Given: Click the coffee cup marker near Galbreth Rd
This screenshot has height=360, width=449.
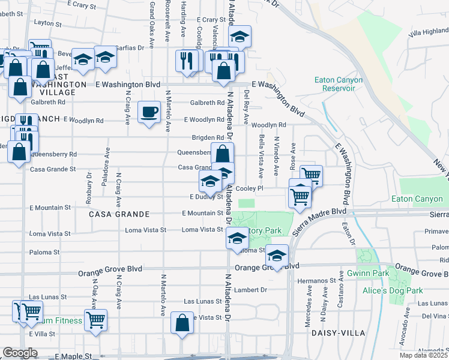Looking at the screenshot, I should coord(149,111).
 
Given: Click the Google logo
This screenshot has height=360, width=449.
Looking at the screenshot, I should coord(20,353).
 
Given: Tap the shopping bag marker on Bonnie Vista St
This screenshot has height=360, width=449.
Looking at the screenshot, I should coord(182,322).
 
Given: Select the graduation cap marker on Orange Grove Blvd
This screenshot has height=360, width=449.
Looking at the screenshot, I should coord(277,255).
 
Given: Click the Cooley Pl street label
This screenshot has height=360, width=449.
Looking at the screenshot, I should coord(250,188).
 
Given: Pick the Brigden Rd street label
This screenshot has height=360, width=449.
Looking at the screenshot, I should coord(208,137).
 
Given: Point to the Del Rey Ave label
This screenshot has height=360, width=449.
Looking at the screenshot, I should coord(246,106).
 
